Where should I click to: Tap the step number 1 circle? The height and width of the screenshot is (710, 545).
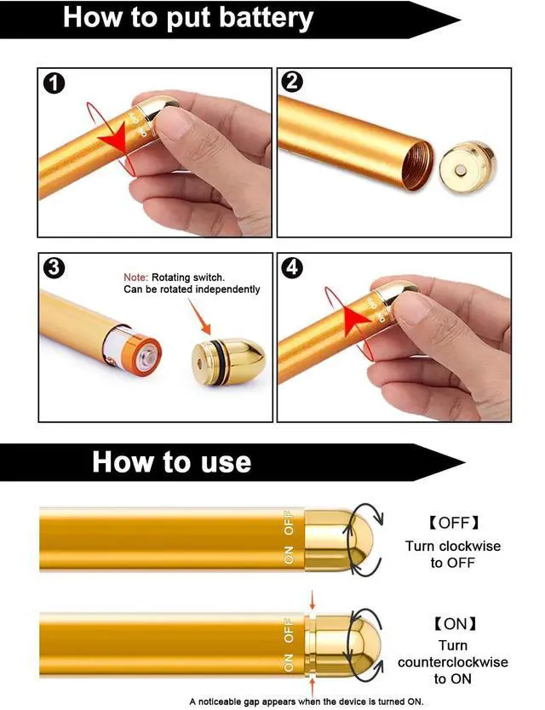click(54, 84)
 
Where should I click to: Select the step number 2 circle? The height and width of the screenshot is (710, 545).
click(292, 82)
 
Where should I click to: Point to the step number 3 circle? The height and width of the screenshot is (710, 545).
click(54, 268)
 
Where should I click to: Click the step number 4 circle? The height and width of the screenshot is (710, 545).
click(292, 267)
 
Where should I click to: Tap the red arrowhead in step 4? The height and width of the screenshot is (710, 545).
click(358, 319)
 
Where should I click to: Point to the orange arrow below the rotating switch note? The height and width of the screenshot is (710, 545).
click(199, 317)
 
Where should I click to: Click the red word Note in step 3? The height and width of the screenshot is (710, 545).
click(135, 278)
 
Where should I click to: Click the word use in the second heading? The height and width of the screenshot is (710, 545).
click(225, 462)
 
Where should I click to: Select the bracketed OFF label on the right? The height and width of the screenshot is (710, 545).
click(452, 523)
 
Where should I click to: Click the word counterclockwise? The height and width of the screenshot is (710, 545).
click(452, 661)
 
